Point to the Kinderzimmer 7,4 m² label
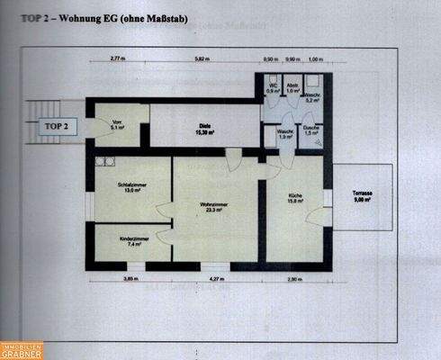click(131, 240)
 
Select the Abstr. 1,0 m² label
click(292, 89)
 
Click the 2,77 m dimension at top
click(117, 58)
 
